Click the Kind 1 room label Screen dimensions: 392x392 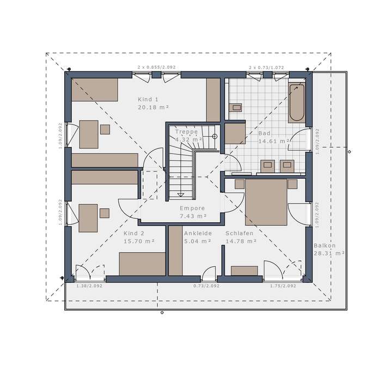[x=148, y=99]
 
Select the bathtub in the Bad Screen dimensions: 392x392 [x=297, y=102]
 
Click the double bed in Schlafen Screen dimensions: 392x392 [x=266, y=202]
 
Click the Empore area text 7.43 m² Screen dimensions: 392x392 [x=192, y=216]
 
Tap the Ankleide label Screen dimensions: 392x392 [x=197, y=232]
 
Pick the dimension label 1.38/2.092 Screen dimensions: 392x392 [x=89, y=286]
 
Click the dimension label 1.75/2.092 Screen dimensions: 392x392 [x=283, y=286]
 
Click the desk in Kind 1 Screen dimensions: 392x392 [x=89, y=134]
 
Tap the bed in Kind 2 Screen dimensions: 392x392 [x=142, y=264]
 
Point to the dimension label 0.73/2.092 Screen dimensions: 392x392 [x=206, y=286]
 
